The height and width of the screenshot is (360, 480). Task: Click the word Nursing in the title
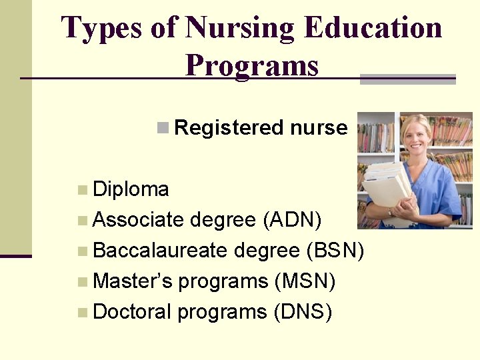coord(239,29)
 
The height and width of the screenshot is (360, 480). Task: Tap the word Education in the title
coord(372,29)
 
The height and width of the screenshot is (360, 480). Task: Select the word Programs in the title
coord(252,65)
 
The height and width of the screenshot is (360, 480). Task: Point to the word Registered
coord(229,127)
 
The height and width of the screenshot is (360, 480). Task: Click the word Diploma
coord(131,189)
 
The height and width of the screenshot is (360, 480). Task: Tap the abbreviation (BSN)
coord(335,250)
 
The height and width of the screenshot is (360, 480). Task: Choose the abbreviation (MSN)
coord(305,281)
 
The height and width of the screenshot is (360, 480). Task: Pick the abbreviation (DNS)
coord(303,312)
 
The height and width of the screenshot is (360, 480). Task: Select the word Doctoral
coord(132,312)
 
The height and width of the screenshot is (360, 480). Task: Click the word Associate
coord(139,219)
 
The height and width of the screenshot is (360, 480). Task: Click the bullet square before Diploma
coord(82,190)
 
